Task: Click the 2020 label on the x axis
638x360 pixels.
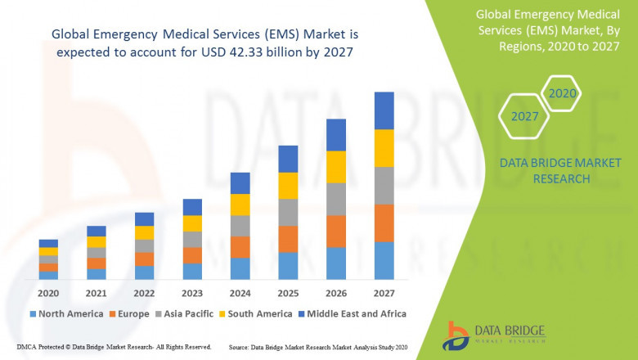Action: point(48,292)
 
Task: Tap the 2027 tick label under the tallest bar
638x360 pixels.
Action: point(384,292)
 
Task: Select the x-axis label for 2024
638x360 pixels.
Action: point(240,292)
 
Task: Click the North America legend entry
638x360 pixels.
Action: point(67,313)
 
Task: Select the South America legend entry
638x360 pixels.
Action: point(257,313)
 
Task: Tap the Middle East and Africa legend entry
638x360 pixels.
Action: point(353,313)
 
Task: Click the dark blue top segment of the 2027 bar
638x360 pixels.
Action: point(384,110)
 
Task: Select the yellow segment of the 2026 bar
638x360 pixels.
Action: point(336,167)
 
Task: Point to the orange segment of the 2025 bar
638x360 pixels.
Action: point(288,239)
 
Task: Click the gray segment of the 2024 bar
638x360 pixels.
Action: point(240,226)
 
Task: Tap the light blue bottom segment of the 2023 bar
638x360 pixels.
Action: point(192,271)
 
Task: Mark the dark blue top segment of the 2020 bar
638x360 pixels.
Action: point(48,243)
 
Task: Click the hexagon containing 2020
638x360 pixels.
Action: point(561,94)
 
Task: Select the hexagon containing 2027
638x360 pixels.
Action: point(524,117)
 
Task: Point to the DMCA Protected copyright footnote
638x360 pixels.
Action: point(114,347)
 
